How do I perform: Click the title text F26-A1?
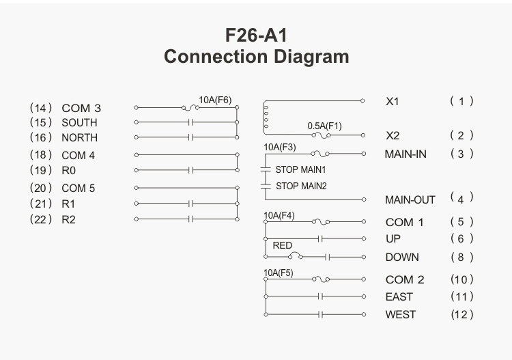coord(256,36)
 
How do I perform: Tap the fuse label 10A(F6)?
coord(215,100)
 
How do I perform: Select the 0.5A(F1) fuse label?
coord(324,126)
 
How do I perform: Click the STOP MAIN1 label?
coord(300,169)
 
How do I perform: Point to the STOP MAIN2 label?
coord(301,186)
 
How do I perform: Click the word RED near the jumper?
coord(282,245)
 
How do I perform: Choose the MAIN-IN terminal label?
coord(406,154)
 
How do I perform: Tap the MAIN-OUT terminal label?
coord(410,199)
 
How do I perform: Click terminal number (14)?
coord(41,108)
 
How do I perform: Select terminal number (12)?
coord(461,315)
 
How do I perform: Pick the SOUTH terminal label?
coord(79,122)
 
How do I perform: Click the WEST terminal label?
coord(401,315)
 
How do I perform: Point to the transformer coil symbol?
coord(265,117)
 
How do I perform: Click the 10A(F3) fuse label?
coord(280,148)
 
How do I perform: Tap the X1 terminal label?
coord(393,102)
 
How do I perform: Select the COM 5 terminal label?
coord(79,188)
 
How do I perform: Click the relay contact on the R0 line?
coord(191,170)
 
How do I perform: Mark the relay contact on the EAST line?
coord(320,296)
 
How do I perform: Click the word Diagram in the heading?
coord(311,57)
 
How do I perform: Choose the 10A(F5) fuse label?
coord(279,273)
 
